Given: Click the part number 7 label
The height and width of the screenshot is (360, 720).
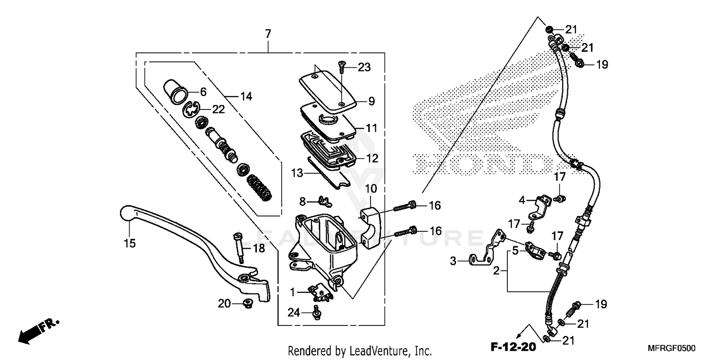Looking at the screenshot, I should click(268, 34).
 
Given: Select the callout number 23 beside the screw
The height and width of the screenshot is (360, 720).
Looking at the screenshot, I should click(364, 68).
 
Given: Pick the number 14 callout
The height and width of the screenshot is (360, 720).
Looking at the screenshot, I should click(246, 96).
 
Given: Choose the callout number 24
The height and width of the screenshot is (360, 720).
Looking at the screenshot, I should click(294, 312).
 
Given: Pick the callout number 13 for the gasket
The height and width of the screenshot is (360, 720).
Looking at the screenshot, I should click(297, 172).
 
